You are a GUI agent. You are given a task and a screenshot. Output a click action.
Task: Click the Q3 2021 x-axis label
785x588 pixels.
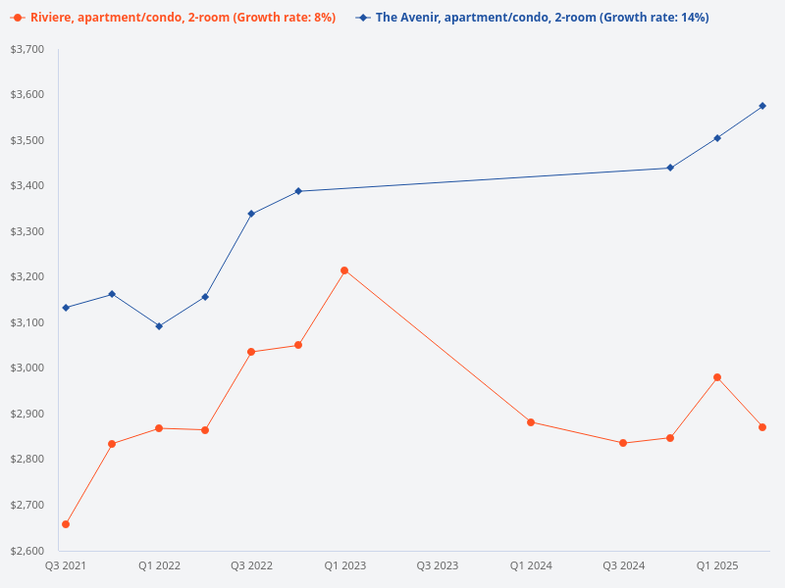pos(66,565)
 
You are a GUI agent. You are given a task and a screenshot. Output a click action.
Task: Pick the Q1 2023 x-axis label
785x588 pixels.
pos(344,565)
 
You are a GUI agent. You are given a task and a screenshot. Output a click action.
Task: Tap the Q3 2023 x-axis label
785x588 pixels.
pos(438,565)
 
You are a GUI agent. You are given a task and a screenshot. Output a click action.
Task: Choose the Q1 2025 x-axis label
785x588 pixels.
pos(717,565)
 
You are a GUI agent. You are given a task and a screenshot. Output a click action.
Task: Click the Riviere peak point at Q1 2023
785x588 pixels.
pos(344,270)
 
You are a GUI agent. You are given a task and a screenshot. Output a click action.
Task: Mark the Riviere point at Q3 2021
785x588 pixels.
pos(66,524)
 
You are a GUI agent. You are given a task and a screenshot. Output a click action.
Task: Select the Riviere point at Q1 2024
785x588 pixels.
pos(531,422)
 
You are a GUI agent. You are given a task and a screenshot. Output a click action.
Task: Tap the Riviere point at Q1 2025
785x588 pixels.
pos(717,377)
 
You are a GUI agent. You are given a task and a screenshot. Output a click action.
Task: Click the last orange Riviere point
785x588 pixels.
pos(762,427)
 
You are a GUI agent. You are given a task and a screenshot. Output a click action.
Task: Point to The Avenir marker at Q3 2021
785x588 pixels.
pos(66,308)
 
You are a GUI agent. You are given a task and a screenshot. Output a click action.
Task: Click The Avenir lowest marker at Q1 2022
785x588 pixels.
pos(159,326)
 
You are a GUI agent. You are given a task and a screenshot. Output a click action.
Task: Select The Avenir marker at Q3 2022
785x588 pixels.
pos(251,214)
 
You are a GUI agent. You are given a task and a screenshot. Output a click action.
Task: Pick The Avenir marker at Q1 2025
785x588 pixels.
pos(717,138)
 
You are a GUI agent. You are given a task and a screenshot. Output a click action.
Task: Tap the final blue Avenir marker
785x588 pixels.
pos(762,106)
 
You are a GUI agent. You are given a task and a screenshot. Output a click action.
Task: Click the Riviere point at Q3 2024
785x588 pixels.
pos(623,443)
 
